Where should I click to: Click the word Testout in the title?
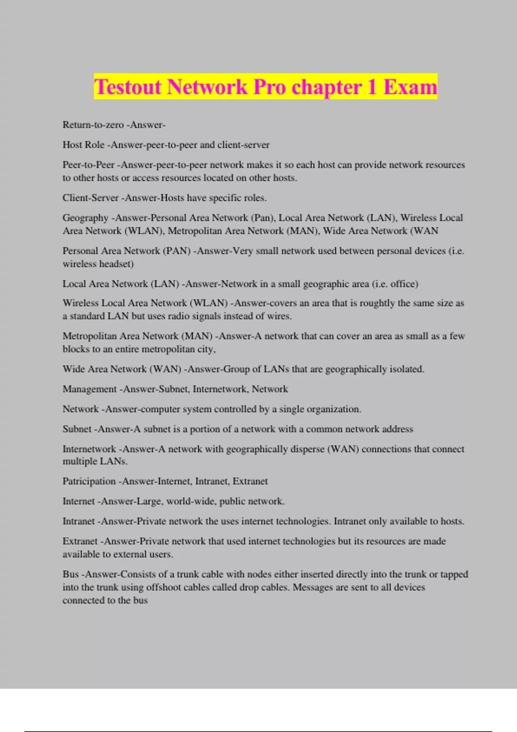[128, 87]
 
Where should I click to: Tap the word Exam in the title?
[410, 87]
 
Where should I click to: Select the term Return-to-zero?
[93, 125]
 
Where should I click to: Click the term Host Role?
[84, 145]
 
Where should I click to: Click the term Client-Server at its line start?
[90, 198]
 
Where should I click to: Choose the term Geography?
[85, 218]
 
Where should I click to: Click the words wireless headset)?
[98, 264]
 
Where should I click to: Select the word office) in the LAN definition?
[404, 284]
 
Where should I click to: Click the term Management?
[90, 389]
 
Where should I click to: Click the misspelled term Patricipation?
[89, 481]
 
